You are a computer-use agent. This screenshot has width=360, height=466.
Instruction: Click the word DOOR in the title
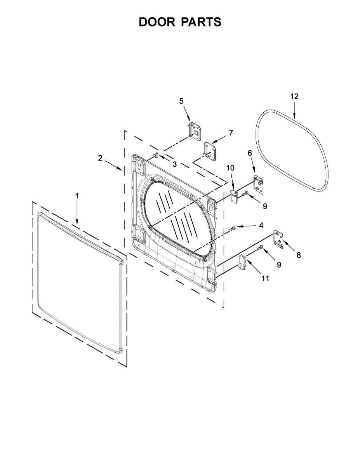click(157, 22)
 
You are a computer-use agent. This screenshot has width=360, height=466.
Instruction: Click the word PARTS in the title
click(201, 22)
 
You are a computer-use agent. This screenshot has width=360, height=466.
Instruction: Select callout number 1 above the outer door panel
click(77, 196)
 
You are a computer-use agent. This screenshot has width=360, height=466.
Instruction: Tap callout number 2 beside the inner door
click(100, 158)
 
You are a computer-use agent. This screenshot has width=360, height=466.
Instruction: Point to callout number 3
click(174, 164)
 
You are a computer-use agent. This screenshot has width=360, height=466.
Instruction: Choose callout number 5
click(181, 101)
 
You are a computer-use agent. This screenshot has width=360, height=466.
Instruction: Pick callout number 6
click(250, 153)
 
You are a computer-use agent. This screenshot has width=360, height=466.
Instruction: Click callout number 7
click(231, 133)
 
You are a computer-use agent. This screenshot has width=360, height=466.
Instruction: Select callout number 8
click(298, 255)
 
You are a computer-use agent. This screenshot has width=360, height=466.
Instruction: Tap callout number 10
click(231, 168)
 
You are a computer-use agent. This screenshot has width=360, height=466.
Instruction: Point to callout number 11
click(265, 278)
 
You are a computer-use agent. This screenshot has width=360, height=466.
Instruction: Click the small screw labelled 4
click(233, 229)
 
